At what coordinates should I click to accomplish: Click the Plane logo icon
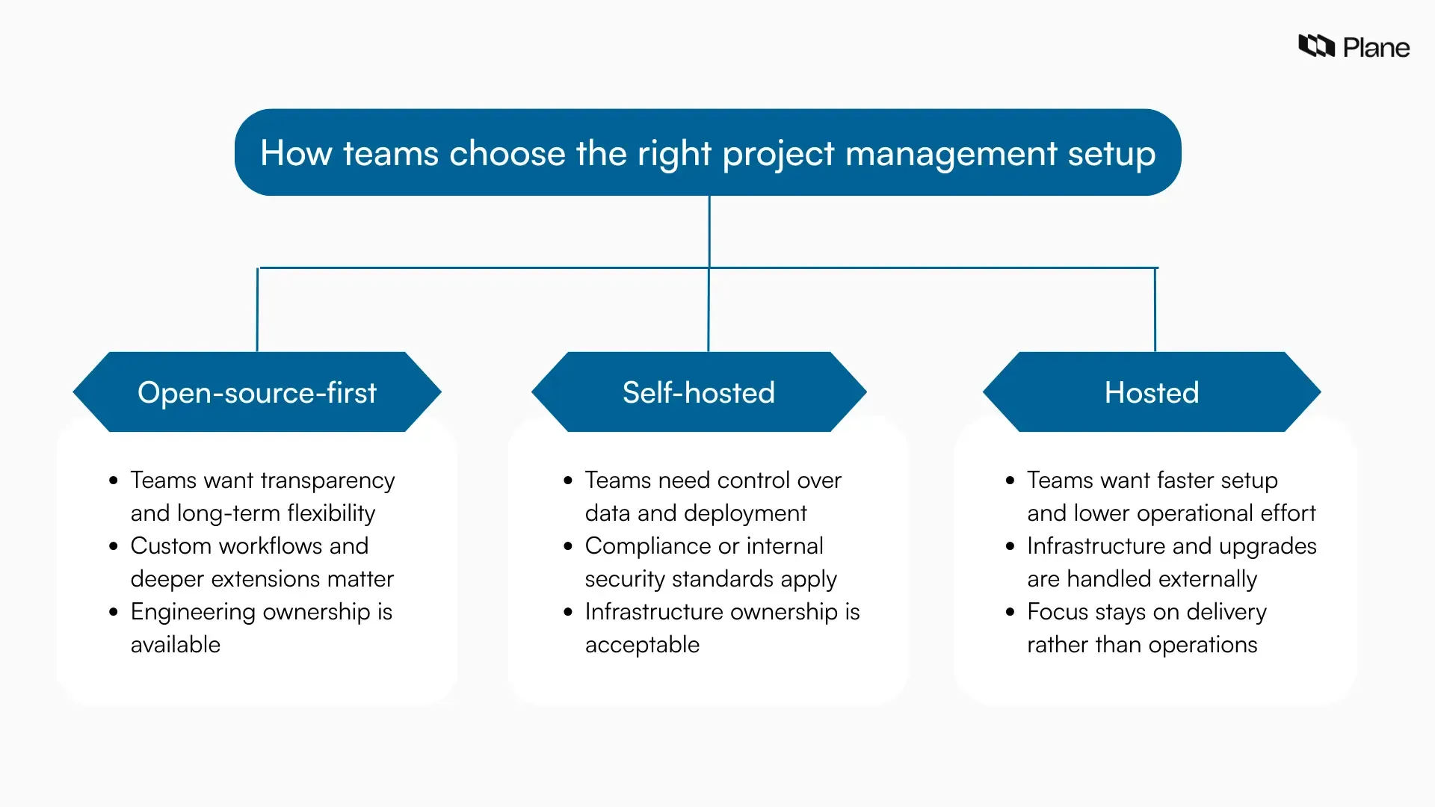click(1316, 46)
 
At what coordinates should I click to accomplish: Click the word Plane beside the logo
click(1376, 48)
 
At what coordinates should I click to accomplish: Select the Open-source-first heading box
click(257, 392)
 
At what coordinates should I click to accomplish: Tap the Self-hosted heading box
click(699, 392)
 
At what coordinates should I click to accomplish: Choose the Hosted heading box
click(1152, 392)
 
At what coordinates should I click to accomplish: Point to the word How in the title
click(295, 153)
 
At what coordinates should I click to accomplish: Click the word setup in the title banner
click(1111, 153)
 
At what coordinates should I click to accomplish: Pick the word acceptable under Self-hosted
click(642, 645)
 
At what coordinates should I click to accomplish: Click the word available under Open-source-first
click(176, 645)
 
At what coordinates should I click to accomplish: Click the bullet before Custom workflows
click(114, 546)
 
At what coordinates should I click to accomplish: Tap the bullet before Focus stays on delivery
click(1010, 612)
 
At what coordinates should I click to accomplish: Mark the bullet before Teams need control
click(568, 480)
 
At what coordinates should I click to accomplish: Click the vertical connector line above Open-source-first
click(257, 310)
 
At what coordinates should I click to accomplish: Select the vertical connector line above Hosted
click(1155, 310)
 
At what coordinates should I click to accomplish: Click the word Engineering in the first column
click(193, 612)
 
